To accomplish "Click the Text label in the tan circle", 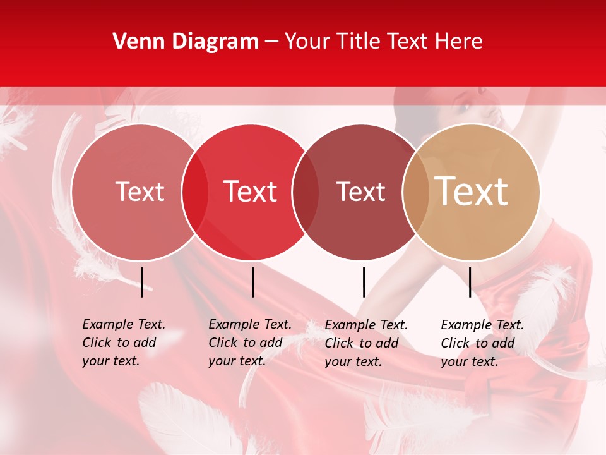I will click(x=471, y=191).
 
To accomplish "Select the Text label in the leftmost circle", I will click(x=140, y=192).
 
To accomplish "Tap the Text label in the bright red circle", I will click(x=250, y=192).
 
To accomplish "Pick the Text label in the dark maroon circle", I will click(x=360, y=192).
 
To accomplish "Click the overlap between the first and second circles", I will click(x=195, y=192).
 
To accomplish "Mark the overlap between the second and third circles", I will click(x=306, y=192).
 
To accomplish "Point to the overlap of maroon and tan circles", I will click(x=415, y=192).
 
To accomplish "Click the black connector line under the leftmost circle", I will click(x=142, y=282).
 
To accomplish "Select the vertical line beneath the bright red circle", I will click(x=252, y=282).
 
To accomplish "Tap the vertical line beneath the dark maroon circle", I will click(x=364, y=282).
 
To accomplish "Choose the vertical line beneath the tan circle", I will click(x=470, y=282).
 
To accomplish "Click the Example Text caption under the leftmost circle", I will click(x=124, y=343).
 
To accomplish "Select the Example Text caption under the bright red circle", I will click(x=250, y=343).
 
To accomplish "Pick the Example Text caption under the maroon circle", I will click(x=366, y=343).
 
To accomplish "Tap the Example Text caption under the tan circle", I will click(x=482, y=343).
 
